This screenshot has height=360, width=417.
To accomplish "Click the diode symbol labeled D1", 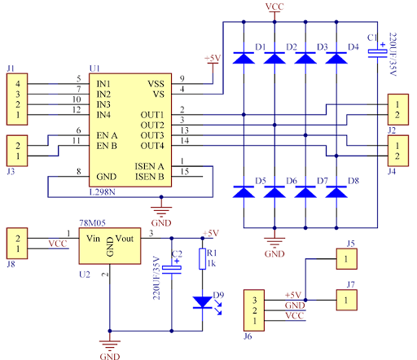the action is (x=244, y=58).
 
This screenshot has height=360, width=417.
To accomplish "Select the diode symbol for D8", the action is (x=336, y=191).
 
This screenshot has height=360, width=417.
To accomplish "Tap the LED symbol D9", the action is (x=203, y=302).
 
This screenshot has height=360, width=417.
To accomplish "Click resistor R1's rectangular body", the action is (x=202, y=259).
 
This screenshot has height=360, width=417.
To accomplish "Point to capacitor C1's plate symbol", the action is (x=377, y=53).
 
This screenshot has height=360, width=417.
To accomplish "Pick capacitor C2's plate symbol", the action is (x=172, y=270).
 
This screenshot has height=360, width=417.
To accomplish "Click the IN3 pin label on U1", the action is (x=103, y=104).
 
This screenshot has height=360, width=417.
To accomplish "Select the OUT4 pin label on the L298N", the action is (x=152, y=146).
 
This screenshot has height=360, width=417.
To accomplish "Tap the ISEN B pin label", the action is (x=150, y=177).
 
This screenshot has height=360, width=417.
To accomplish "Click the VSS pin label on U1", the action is (x=156, y=84).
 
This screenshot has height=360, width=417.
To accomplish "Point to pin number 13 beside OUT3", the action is (x=184, y=130).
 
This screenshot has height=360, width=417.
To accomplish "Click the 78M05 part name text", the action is (x=92, y=223).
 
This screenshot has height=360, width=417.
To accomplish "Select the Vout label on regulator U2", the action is (x=125, y=239).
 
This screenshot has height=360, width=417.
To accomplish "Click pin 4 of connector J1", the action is (x=18, y=84).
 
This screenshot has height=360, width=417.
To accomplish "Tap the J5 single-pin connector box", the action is (x=346, y=259).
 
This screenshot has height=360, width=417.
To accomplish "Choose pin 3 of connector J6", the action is (x=254, y=301).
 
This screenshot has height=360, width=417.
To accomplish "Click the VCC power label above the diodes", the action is (x=274, y=7).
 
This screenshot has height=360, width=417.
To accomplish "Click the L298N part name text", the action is (x=103, y=192).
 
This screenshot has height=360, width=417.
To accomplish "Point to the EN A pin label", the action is (x=107, y=135).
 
